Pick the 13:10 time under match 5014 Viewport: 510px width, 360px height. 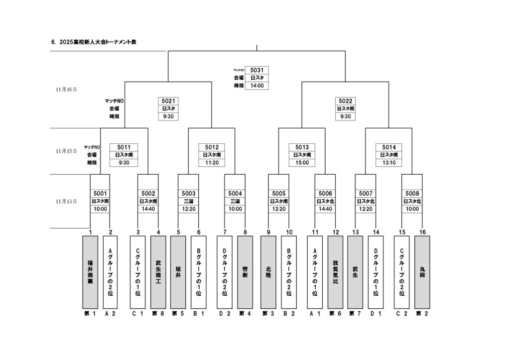(x=389, y=163)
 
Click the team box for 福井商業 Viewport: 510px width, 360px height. (x=90, y=272)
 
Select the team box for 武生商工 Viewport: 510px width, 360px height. (x=158, y=272)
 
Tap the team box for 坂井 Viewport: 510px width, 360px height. (x=178, y=272)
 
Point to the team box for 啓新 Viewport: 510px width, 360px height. (x=245, y=272)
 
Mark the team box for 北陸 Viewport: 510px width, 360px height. (x=268, y=272)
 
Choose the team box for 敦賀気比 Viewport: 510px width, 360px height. (x=335, y=272)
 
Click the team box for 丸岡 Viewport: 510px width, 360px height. (x=422, y=272)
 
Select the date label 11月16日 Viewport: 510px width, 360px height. (x=66, y=90)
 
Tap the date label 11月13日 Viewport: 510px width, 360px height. (x=66, y=202)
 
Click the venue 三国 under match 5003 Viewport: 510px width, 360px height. (x=188, y=201)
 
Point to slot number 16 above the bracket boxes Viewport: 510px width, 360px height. (x=422, y=232)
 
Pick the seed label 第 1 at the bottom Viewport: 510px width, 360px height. (x=90, y=314)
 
